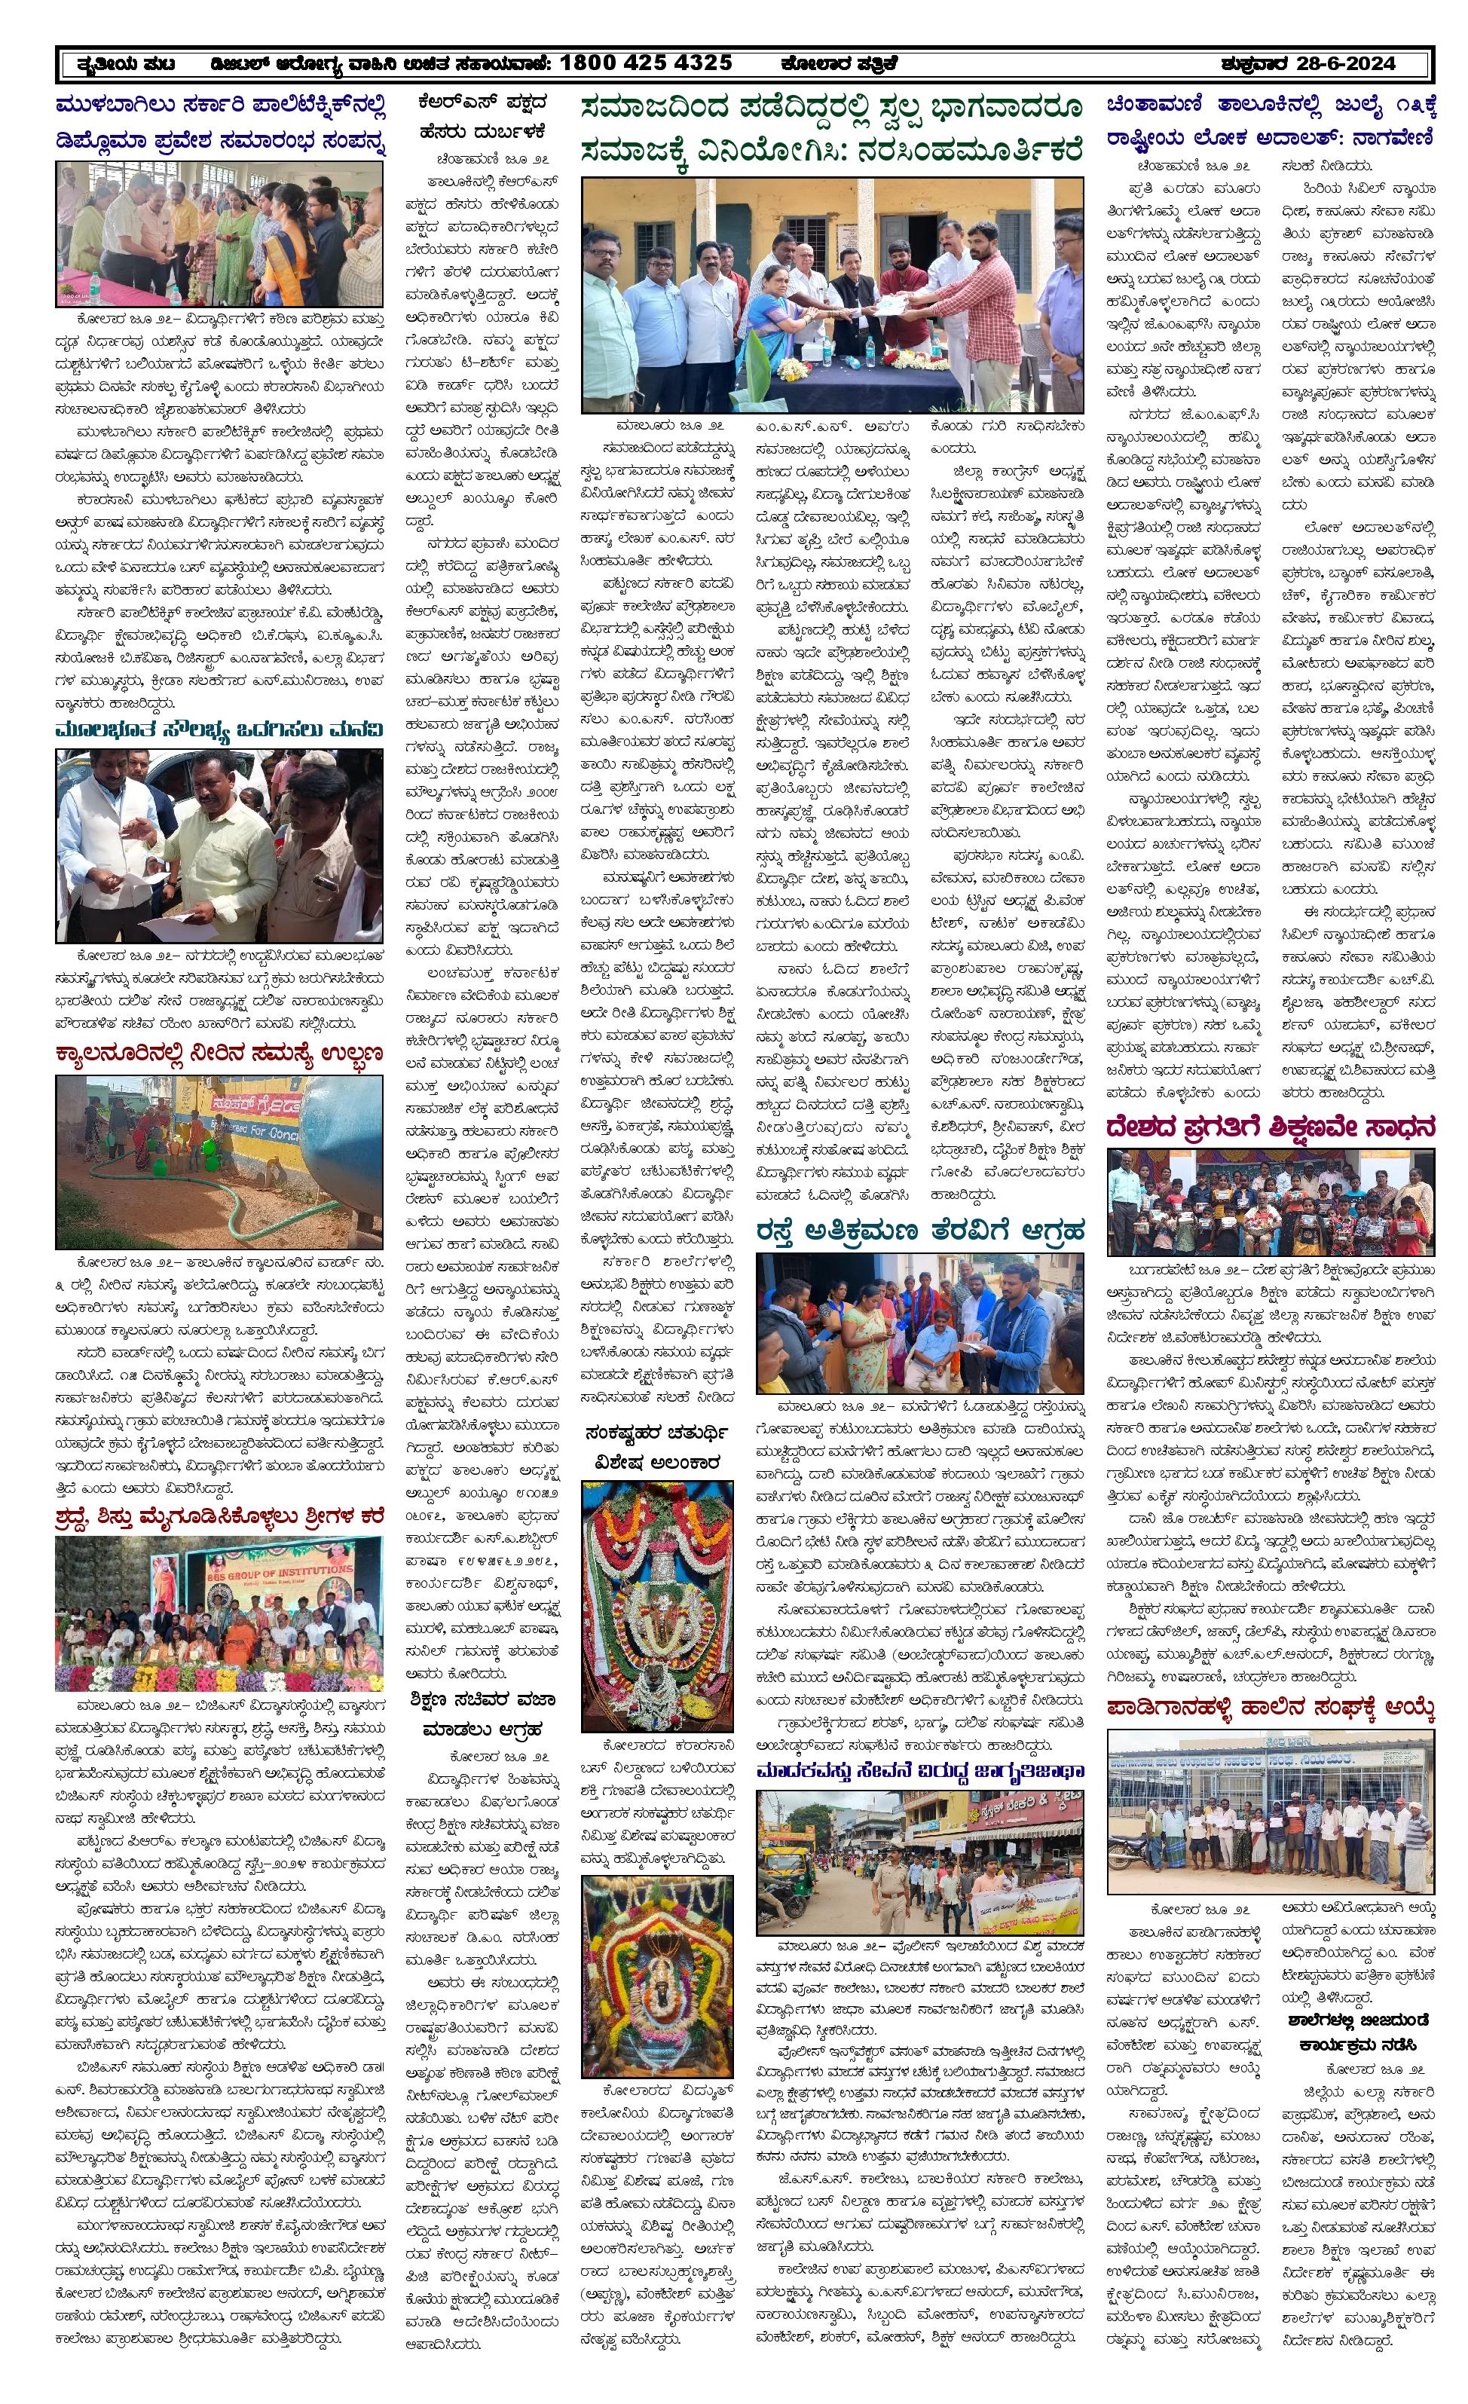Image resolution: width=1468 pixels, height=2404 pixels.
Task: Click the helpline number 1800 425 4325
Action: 646,63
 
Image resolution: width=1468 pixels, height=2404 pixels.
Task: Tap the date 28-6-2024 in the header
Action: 1345,63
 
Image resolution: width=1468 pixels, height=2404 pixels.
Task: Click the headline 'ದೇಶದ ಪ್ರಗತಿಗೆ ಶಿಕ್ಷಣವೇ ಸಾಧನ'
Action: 1270,1129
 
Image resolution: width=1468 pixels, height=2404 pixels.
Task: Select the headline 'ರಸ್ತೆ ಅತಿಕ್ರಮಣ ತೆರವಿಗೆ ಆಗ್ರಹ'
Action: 919,1231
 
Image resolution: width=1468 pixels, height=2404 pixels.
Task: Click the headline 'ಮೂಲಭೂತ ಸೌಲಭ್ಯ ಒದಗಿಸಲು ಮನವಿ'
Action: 219,729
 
